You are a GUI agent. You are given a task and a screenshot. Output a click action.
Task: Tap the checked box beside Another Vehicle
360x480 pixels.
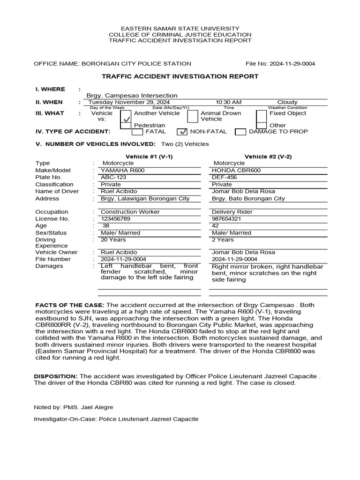pyautogui.click(x=126, y=120)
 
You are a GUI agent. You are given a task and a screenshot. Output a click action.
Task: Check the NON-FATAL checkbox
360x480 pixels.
pyautogui.click(x=183, y=132)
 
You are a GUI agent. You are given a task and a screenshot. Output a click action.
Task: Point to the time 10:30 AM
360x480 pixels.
pyautogui.click(x=229, y=102)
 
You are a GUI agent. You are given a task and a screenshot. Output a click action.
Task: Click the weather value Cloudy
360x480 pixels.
pyautogui.click(x=287, y=102)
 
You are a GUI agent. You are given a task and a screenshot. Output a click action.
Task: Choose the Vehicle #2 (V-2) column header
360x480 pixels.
pyautogui.click(x=268, y=157)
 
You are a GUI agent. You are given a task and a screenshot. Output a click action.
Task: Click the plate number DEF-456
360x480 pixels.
pyautogui.click(x=225, y=178)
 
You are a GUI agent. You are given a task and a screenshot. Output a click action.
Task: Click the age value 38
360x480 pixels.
pyautogui.click(x=106, y=225)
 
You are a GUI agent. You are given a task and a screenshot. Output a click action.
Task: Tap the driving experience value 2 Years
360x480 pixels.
pyautogui.click(x=223, y=240)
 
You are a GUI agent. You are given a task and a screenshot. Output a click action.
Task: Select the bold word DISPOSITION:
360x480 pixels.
pyautogui.click(x=56, y=376)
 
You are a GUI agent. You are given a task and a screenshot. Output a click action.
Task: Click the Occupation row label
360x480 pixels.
pyautogui.click(x=52, y=212)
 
